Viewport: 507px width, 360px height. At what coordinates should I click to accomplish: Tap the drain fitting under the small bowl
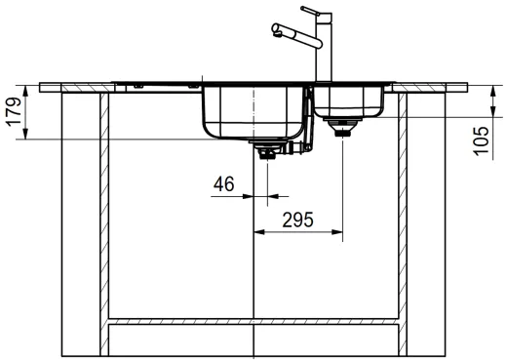(343, 128)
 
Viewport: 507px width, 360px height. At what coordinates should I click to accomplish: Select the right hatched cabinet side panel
(403, 215)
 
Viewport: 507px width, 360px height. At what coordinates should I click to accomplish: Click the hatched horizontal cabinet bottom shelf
(253, 320)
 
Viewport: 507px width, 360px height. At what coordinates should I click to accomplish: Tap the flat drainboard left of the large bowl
(156, 85)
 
